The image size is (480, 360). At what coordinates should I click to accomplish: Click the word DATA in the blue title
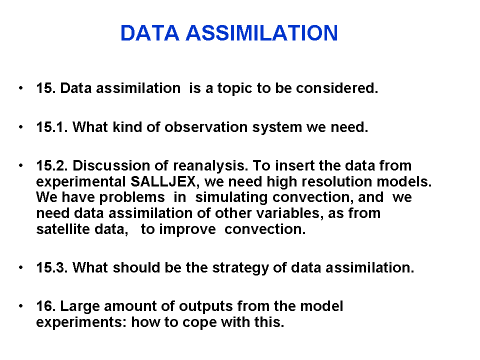(x=149, y=33)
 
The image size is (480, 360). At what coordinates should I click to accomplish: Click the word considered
(x=337, y=88)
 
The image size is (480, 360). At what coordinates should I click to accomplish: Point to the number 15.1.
(x=52, y=127)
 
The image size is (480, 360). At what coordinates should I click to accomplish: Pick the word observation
(x=206, y=127)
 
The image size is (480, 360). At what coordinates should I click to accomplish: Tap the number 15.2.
(x=52, y=165)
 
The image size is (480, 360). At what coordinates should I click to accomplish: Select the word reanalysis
(x=210, y=166)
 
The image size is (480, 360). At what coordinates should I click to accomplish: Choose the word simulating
(x=231, y=198)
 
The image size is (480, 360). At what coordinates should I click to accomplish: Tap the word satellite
(x=63, y=229)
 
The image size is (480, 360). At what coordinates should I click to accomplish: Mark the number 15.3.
(x=52, y=267)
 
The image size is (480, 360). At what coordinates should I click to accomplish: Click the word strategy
(x=240, y=268)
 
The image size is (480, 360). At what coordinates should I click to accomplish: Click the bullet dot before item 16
(x=21, y=306)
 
